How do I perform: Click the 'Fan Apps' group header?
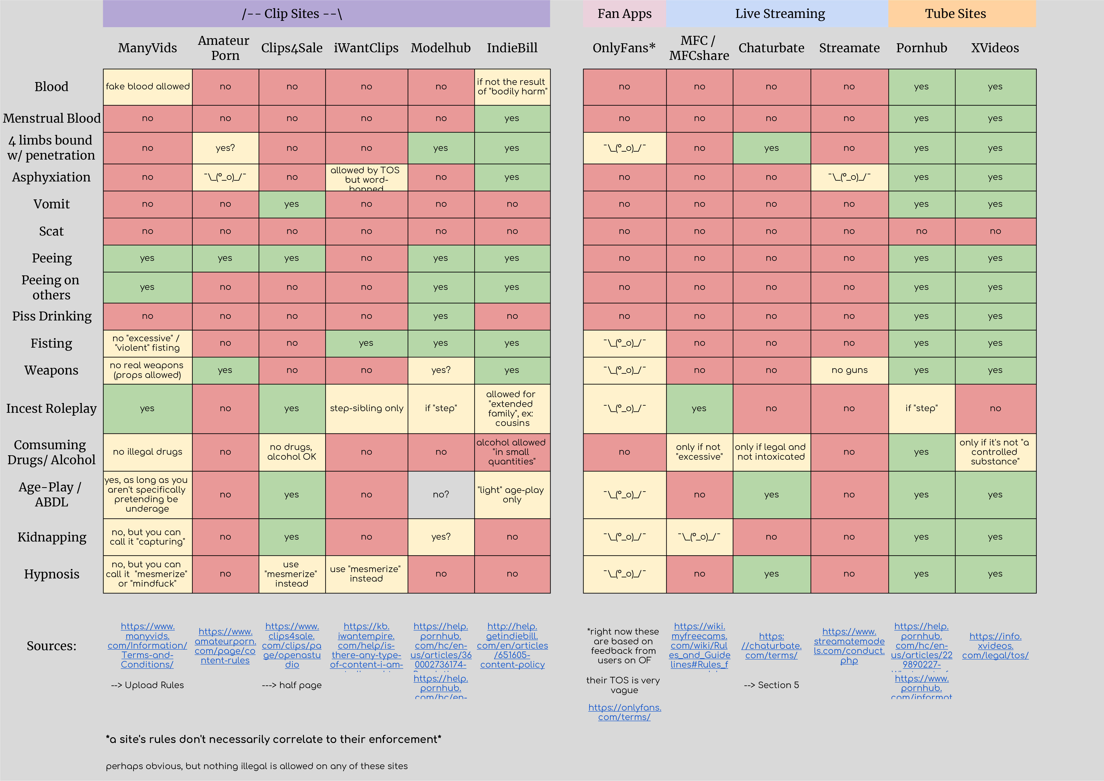pyautogui.click(x=624, y=13)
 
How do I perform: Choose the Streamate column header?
pyautogui.click(x=849, y=48)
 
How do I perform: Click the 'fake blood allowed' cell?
pyautogui.click(x=148, y=87)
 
